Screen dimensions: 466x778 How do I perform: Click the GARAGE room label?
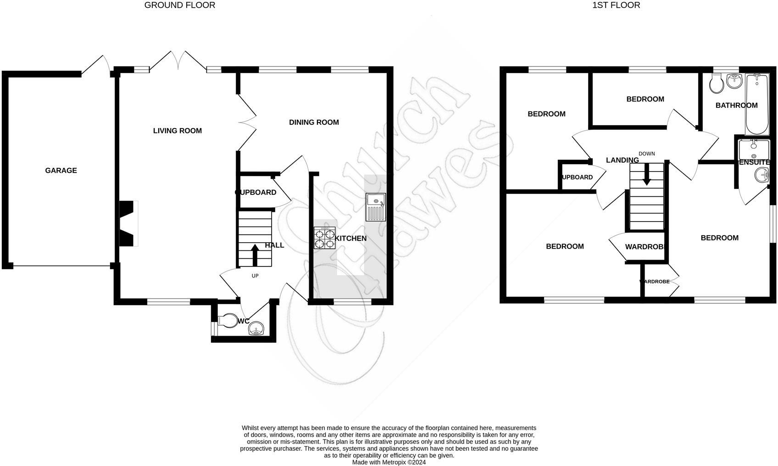click(x=61, y=171)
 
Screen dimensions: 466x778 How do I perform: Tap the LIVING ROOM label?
click(x=177, y=131)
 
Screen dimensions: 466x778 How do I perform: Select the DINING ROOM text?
click(x=314, y=122)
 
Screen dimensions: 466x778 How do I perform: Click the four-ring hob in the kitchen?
click(x=324, y=238)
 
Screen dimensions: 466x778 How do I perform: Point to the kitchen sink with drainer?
click(x=376, y=207)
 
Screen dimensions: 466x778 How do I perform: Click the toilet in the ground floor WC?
click(x=226, y=320)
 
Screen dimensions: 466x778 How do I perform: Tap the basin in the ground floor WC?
click(x=256, y=328)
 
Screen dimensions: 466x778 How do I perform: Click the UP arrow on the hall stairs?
click(x=255, y=255)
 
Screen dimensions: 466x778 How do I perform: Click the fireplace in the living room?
click(x=128, y=223)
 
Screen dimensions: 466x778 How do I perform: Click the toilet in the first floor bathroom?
click(x=716, y=83)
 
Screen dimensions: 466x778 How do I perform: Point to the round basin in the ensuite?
click(x=762, y=174)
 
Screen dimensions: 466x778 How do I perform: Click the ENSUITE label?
click(x=754, y=162)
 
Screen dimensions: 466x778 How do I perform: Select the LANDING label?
click(x=622, y=160)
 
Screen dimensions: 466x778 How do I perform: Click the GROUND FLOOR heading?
click(x=179, y=6)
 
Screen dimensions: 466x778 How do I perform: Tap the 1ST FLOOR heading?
click(x=616, y=6)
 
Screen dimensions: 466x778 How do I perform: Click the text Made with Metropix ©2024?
click(x=389, y=462)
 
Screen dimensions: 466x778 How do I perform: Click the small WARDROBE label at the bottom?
click(x=655, y=282)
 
